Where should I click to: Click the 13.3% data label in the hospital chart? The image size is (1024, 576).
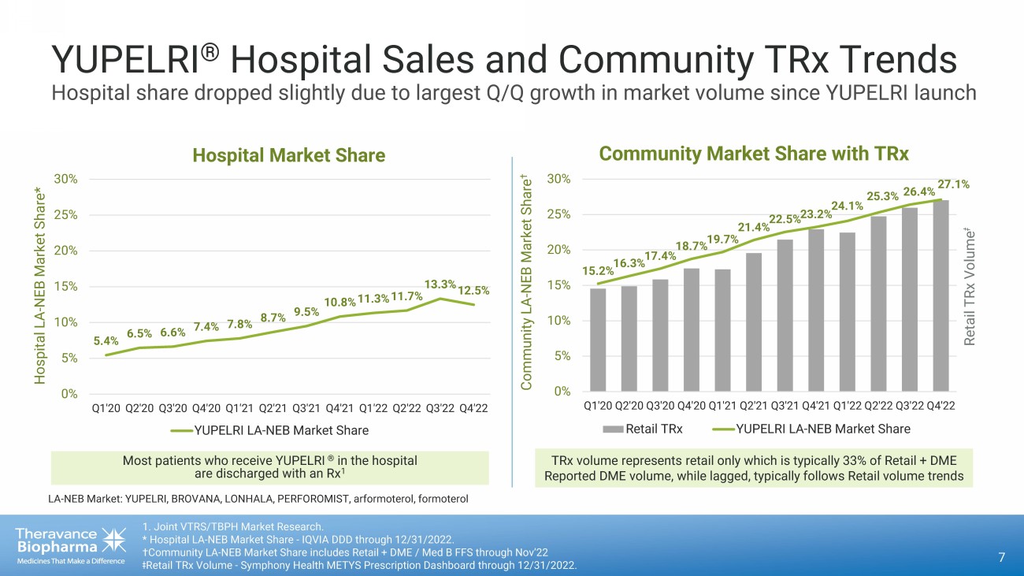[440, 284]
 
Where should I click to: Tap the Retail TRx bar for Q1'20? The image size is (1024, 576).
[598, 340]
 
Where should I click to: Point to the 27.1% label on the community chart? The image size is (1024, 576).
[952, 184]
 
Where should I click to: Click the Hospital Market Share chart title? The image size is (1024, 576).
[288, 155]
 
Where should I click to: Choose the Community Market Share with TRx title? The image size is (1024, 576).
[754, 153]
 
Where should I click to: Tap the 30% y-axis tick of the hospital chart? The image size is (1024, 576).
[65, 179]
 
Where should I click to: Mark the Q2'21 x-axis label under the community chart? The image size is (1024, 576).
[754, 406]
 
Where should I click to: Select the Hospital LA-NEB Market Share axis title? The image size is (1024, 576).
[39, 286]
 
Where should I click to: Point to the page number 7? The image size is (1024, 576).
[1001, 558]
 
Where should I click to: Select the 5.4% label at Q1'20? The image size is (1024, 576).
[106, 341]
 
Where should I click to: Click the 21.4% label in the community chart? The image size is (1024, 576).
[752, 228]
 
